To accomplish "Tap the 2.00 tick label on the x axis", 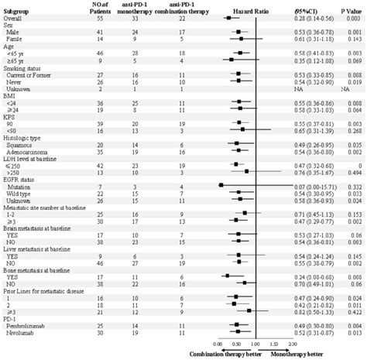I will point(292,344).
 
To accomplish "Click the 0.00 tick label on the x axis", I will point(218,344).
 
